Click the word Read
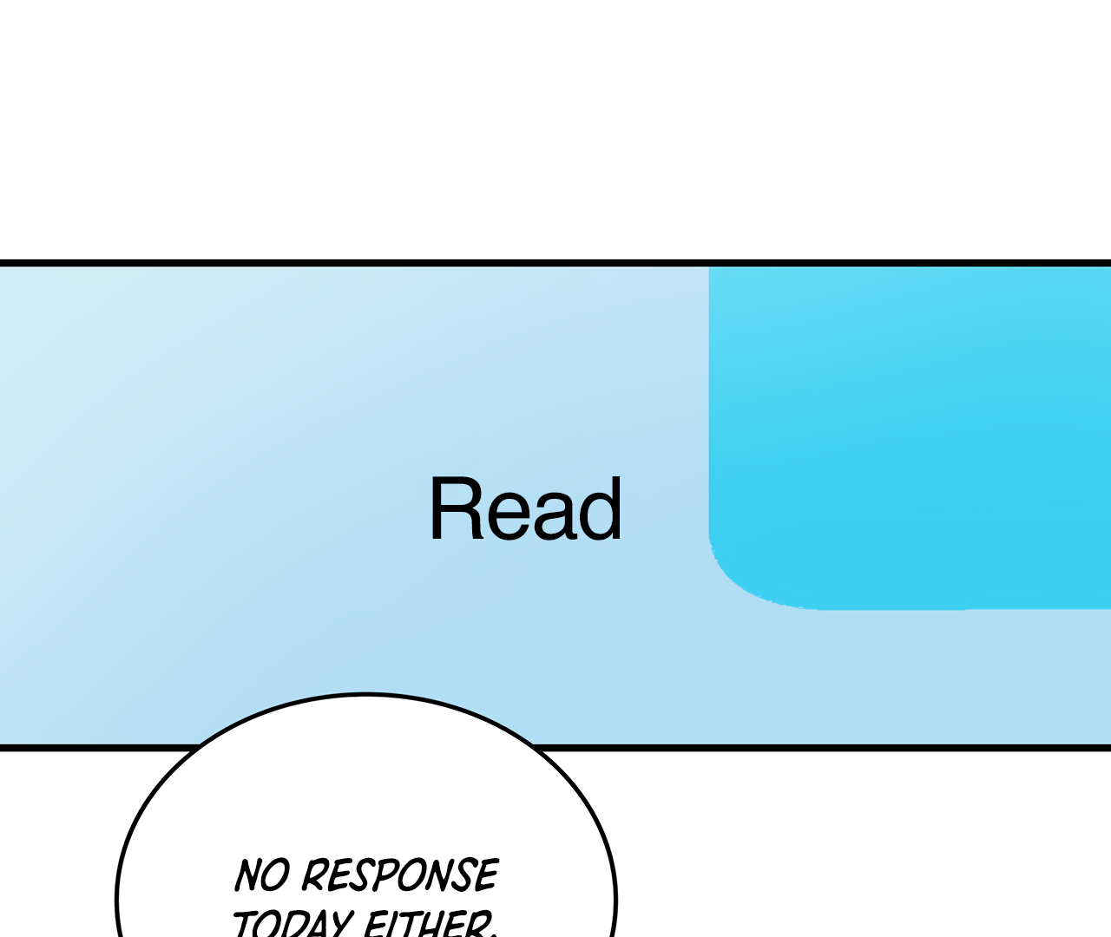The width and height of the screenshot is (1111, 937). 525,509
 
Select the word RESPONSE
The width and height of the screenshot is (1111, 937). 399,875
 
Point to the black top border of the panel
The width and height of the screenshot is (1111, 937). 555,263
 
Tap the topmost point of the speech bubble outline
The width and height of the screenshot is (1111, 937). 365,694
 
